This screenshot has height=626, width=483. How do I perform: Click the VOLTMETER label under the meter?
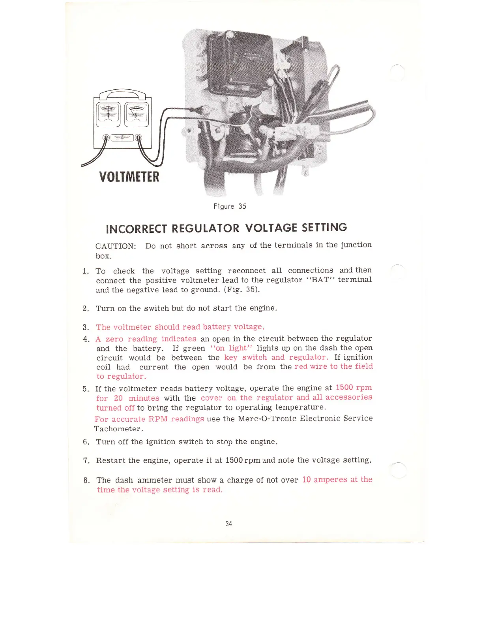click(x=129, y=176)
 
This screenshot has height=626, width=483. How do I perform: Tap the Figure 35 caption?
click(x=230, y=206)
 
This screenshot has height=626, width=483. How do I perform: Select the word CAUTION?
click(x=116, y=246)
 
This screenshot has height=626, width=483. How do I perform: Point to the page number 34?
click(x=228, y=524)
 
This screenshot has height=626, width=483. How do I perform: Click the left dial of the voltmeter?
click(x=108, y=114)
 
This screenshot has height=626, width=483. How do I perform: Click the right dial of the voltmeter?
click(x=137, y=114)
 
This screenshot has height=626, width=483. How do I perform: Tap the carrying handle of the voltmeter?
click(x=122, y=93)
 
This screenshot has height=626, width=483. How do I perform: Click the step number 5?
click(x=86, y=389)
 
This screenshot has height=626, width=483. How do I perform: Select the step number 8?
click(x=86, y=481)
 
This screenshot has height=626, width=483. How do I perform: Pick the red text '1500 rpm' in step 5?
click(x=354, y=388)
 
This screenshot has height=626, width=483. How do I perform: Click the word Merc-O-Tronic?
click(x=267, y=419)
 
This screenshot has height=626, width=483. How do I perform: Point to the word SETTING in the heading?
click(x=324, y=228)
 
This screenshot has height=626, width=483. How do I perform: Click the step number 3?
click(x=86, y=327)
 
